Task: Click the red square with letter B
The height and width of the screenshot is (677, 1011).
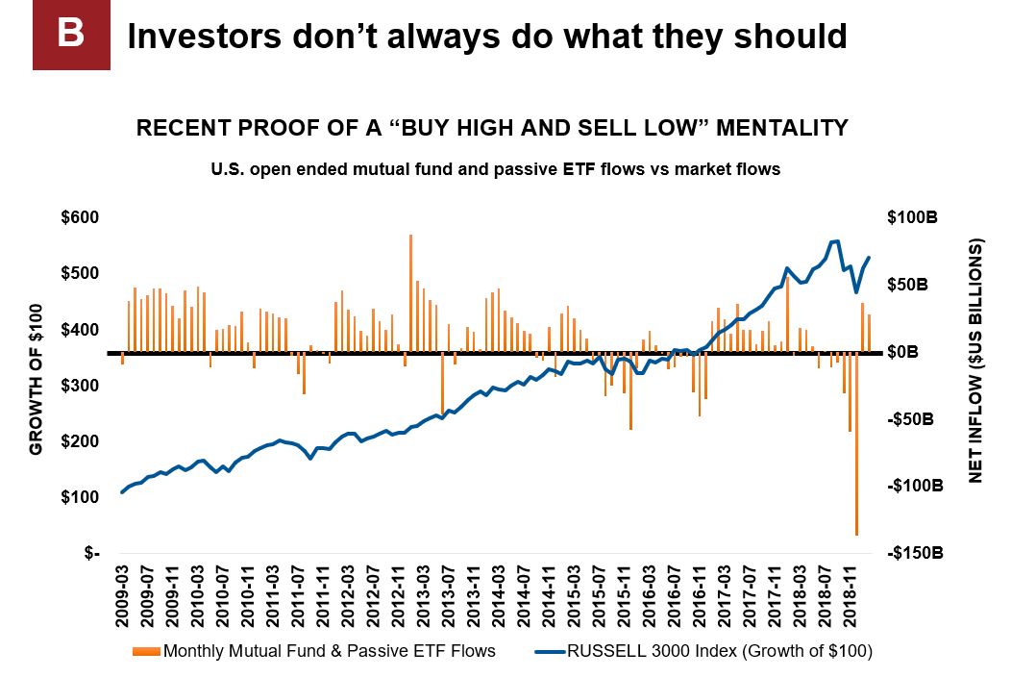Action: [71, 35]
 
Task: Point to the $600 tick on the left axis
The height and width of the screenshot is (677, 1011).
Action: [79, 218]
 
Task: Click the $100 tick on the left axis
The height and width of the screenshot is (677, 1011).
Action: [79, 497]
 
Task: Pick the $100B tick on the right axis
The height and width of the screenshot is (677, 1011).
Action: [910, 218]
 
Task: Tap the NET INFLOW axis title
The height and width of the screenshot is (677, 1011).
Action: [976, 361]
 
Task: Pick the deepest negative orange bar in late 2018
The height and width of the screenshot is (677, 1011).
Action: [856, 443]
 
